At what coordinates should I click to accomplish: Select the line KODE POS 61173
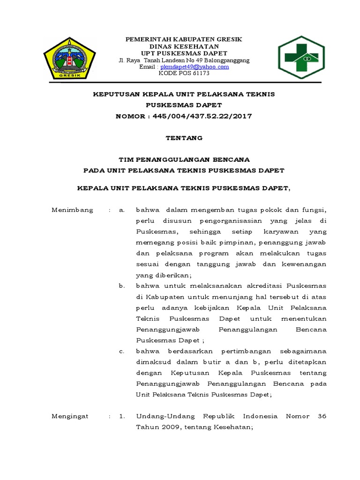[184, 74]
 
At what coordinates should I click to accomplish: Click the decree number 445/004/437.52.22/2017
[202, 116]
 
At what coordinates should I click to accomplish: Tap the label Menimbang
[72, 210]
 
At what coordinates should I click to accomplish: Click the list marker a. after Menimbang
[122, 210]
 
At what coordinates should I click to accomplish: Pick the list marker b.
[122, 286]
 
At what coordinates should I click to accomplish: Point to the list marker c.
[122, 351]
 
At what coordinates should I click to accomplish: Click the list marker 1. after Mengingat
[122, 416]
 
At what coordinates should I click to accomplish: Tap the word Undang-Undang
[160, 416]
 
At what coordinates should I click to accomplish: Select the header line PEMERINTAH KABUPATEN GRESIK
[184, 39]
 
